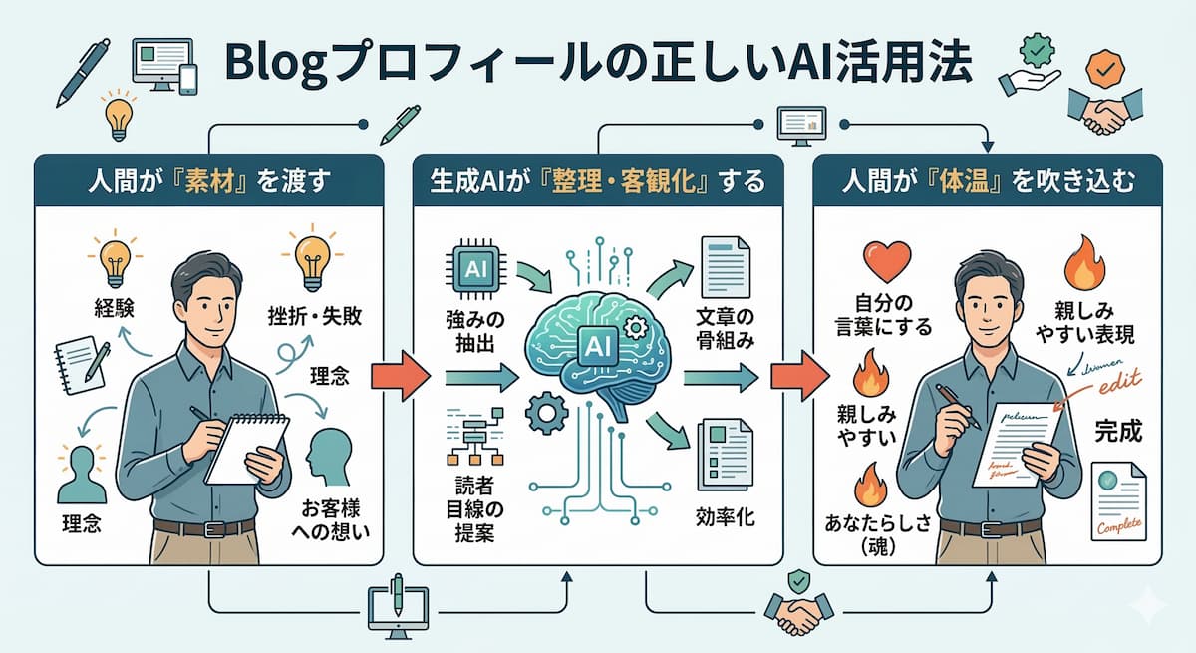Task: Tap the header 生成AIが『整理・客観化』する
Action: [596, 181]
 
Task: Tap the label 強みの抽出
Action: [475, 334]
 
